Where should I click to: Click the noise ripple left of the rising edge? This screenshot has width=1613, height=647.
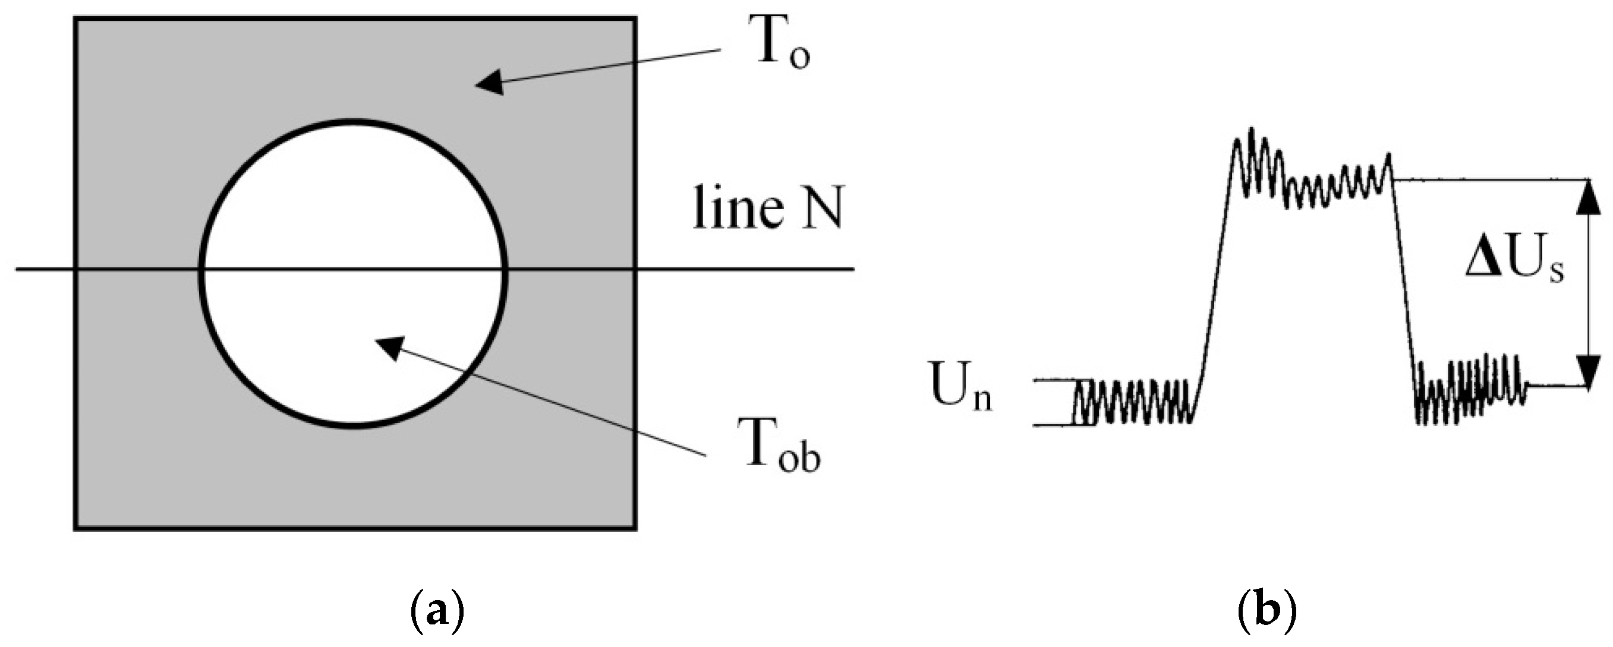point(1133,402)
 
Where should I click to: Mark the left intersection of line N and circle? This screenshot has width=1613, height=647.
point(201,270)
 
